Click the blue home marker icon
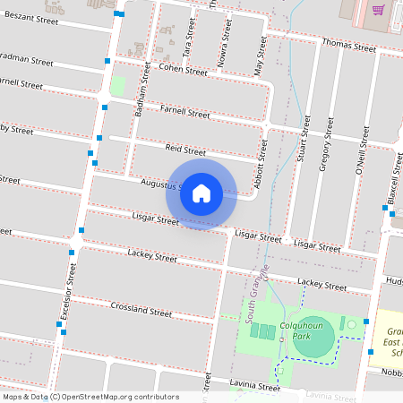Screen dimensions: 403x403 pos(201,193)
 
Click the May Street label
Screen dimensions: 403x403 pos(259,59)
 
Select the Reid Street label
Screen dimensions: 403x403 pos(185,150)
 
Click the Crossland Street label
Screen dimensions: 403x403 pos(141,311)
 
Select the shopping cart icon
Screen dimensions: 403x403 pos(379,10)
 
